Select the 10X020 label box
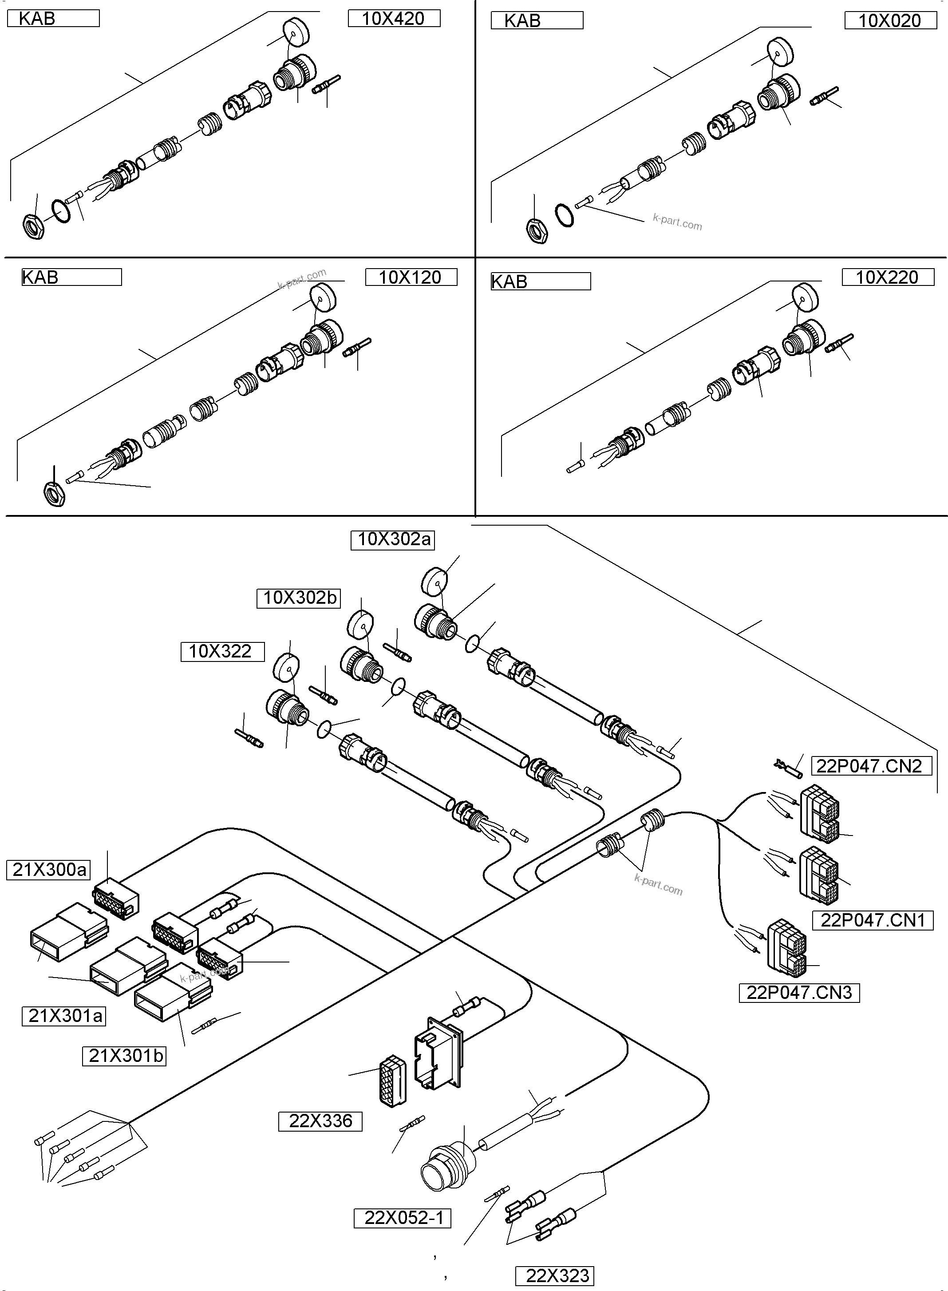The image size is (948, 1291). (x=889, y=21)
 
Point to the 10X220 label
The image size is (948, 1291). (x=887, y=277)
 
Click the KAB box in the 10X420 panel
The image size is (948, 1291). (x=53, y=18)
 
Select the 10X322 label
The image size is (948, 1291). (x=222, y=652)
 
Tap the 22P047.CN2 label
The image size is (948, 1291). (x=870, y=766)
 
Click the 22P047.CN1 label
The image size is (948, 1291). (x=872, y=920)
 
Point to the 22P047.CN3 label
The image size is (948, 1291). (x=799, y=993)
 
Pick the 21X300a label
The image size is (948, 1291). (x=49, y=870)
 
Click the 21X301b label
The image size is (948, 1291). (x=125, y=1056)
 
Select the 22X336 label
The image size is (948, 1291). (x=320, y=1121)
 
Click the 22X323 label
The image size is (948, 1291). (x=554, y=1275)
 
